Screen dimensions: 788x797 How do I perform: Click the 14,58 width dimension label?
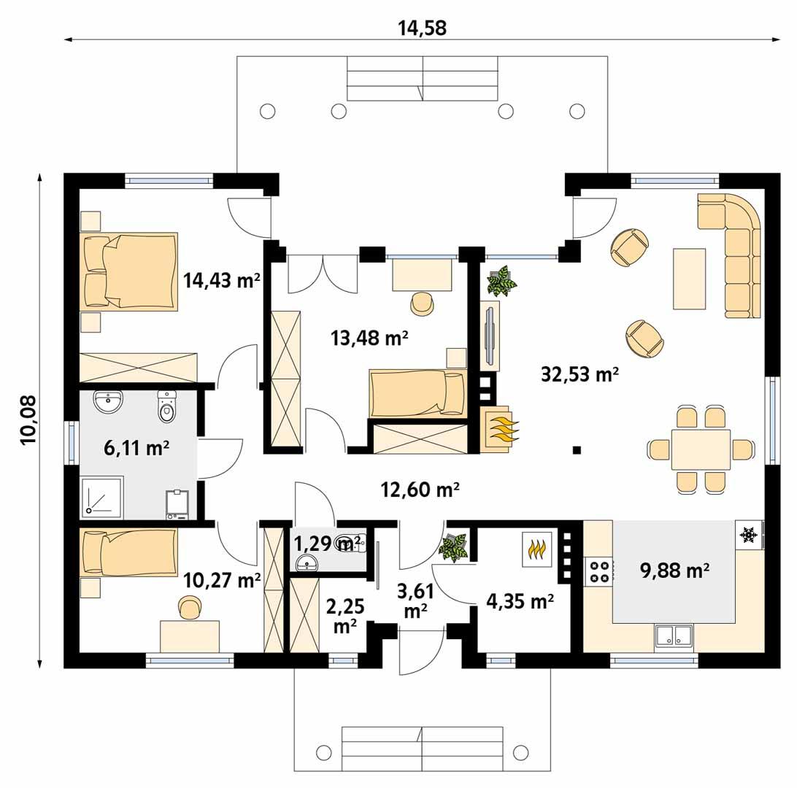tap(421, 28)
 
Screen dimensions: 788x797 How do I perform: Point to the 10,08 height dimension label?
tap(28, 421)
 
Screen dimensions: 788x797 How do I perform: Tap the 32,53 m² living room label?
tap(580, 375)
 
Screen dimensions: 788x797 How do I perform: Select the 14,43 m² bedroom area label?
tap(222, 280)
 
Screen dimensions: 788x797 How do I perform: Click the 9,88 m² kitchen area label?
tap(674, 571)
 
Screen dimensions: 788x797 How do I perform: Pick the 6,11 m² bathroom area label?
tap(132, 449)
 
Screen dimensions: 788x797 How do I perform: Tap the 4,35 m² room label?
tap(519, 601)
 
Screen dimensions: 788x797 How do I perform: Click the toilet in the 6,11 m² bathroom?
tap(167, 408)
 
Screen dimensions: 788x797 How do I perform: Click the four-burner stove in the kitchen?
tap(599, 570)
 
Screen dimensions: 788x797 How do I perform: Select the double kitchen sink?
tap(674, 636)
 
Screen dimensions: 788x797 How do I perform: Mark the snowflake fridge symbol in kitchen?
tap(748, 536)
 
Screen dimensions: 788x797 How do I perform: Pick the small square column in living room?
tap(577, 450)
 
